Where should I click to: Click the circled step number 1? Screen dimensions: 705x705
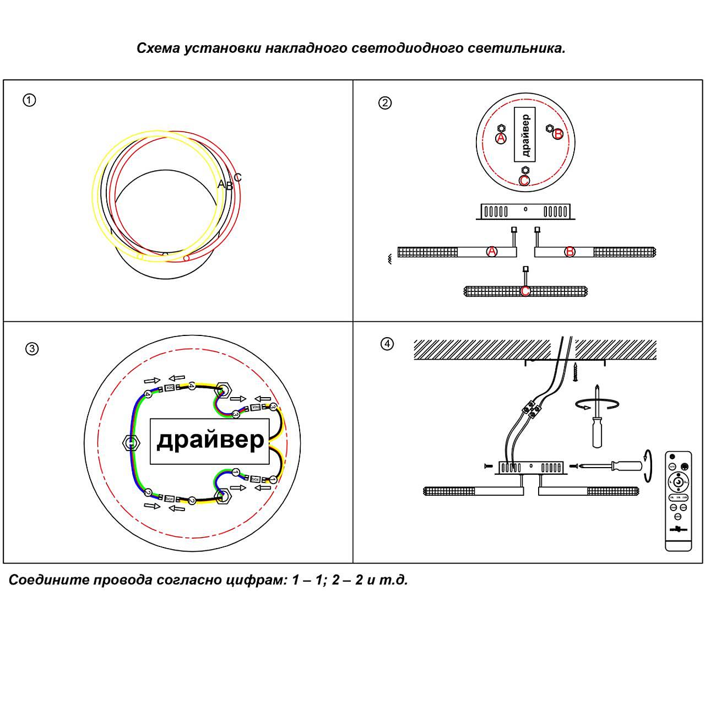point(29,100)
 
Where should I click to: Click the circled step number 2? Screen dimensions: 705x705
point(385,102)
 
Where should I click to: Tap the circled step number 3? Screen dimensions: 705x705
point(32,349)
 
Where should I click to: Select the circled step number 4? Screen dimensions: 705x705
point(387,344)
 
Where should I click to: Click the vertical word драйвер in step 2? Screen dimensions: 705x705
point(525,135)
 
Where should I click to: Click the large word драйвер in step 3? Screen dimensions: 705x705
point(210,441)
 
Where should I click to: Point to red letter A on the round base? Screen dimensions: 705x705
point(501,138)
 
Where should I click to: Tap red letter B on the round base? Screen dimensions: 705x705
point(558,134)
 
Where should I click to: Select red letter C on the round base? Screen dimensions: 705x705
point(524,181)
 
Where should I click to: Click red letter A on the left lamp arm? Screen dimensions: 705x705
point(492,252)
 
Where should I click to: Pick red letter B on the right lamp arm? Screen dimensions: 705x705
point(570,252)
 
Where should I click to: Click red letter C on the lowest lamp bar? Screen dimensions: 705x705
point(525,291)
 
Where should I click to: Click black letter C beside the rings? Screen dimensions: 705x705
point(237,177)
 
